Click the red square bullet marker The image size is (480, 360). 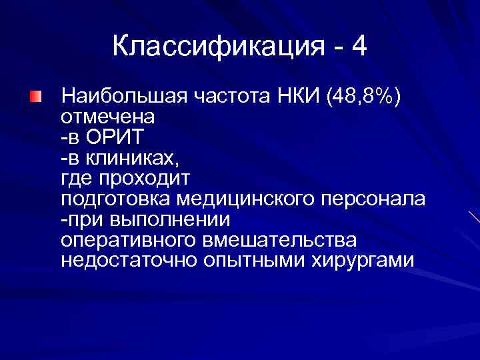[35, 97]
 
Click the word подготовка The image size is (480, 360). [117, 199]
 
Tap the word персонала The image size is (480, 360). [374, 199]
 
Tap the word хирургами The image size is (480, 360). [363, 260]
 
